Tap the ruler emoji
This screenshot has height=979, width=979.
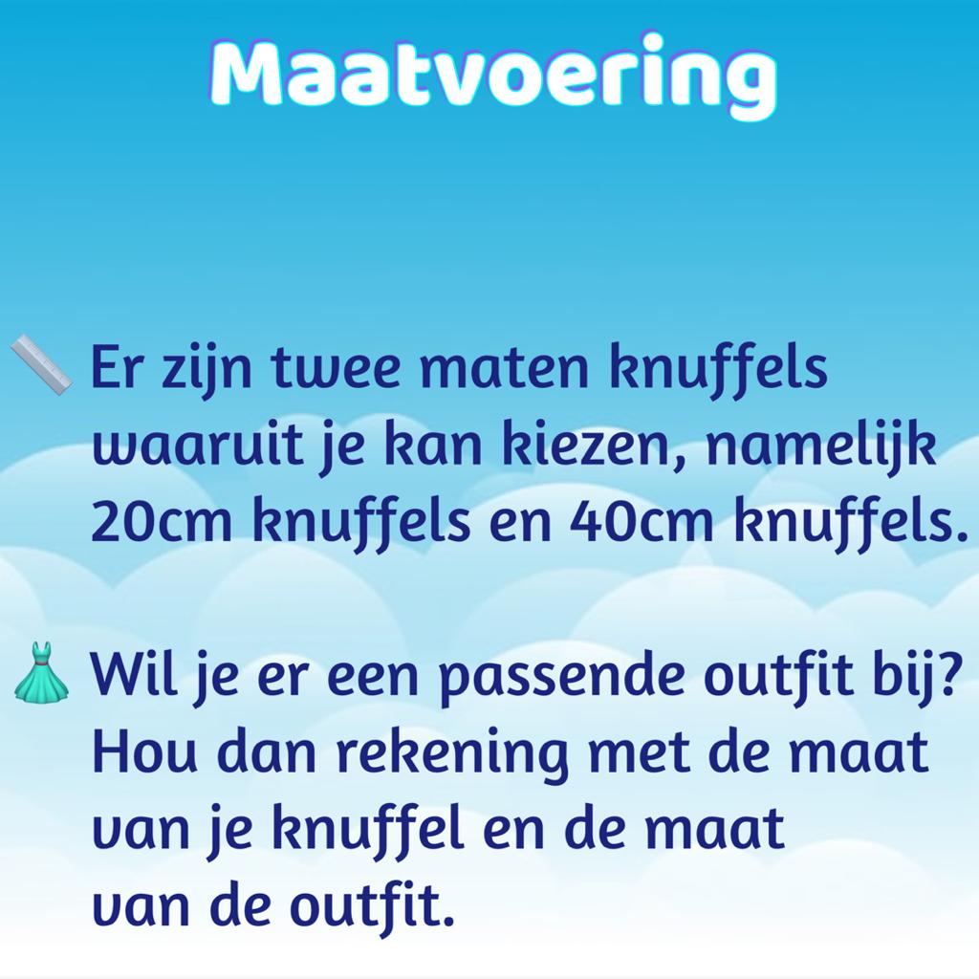pos(41,365)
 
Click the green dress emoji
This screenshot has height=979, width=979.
pos(41,671)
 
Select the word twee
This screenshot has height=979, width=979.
pos(337,368)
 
